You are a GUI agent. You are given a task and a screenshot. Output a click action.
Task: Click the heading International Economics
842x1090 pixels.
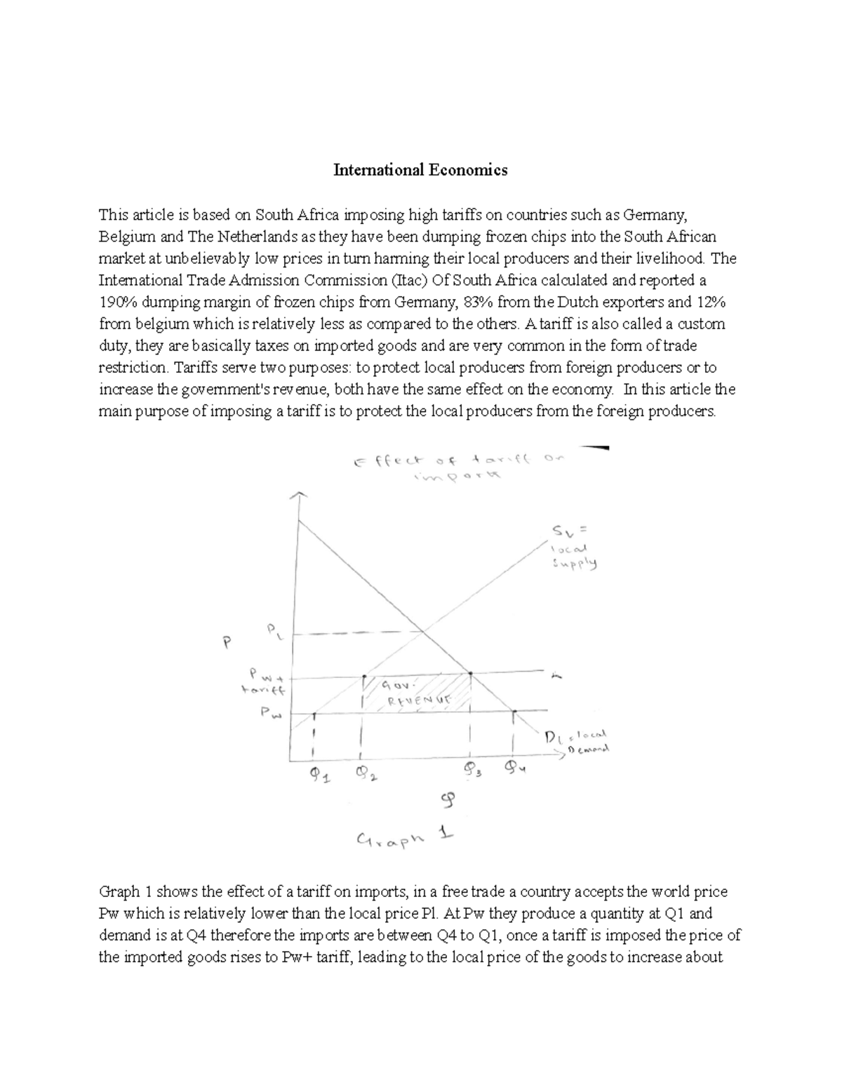[x=420, y=170]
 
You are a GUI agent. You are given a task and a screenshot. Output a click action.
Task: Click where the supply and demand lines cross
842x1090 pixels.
[x=423, y=633]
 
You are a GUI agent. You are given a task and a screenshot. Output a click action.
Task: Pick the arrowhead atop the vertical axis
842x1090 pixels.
[x=300, y=495]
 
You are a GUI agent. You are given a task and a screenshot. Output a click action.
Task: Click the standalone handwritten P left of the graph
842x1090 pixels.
[x=226, y=644]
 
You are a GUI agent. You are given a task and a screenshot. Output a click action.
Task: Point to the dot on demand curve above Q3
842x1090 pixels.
[x=470, y=674]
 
